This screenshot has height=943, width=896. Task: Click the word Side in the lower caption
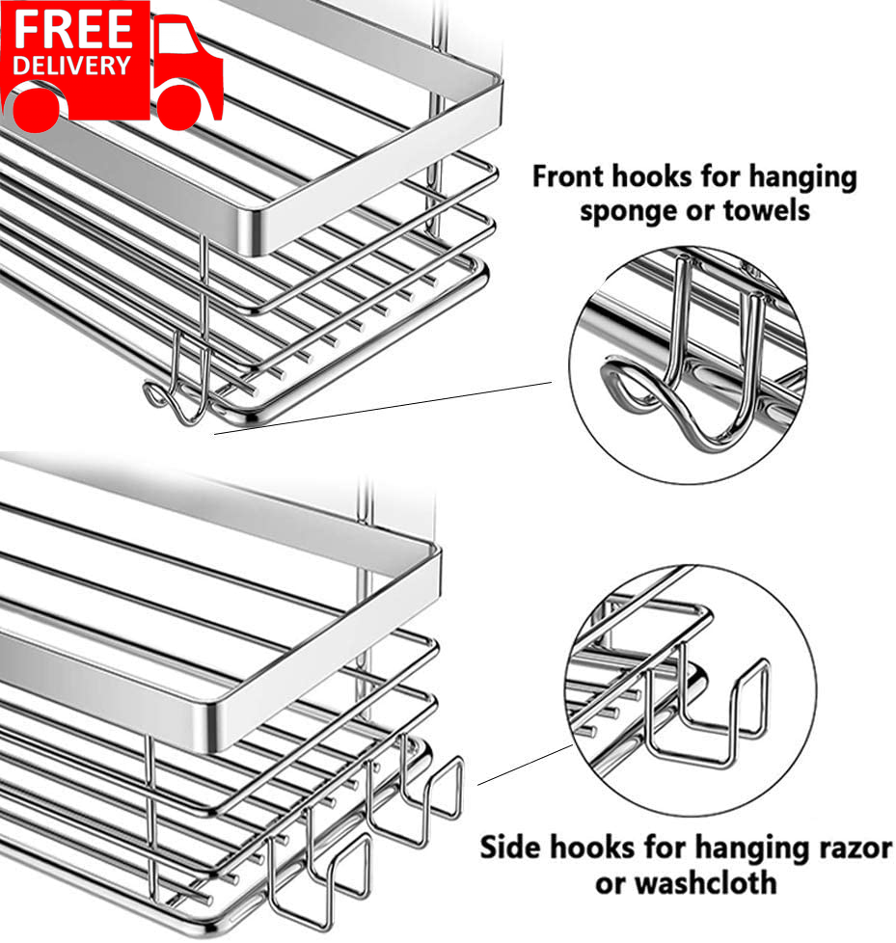pyautogui.click(x=512, y=849)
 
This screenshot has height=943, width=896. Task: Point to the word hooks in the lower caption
pyautogui.click(x=601, y=849)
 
